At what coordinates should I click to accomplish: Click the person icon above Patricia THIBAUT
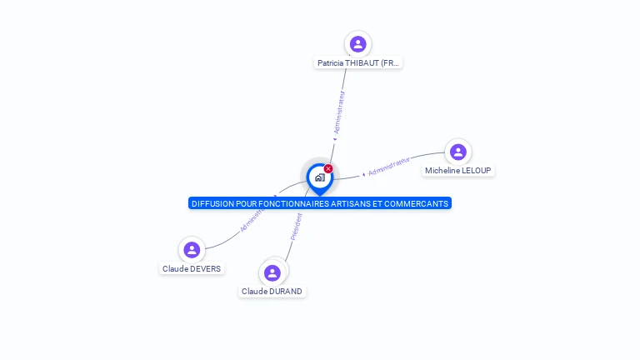coord(358,44)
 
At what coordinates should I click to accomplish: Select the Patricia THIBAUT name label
coord(358,62)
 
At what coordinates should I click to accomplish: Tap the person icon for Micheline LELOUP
coord(457,152)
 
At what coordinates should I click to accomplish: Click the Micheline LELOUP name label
coord(458,170)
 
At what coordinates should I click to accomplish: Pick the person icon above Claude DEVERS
coord(192,249)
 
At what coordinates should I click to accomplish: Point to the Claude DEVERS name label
coord(192,268)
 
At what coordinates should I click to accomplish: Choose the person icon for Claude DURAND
coord(272,272)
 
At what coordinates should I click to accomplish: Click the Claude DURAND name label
coord(272,292)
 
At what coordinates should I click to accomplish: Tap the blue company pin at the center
coord(319,177)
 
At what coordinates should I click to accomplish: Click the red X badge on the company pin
coord(328,169)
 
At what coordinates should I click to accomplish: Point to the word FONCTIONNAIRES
coord(293,203)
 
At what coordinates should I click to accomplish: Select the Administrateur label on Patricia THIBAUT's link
coord(338,112)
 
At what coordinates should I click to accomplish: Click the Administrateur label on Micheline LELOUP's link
coord(388,166)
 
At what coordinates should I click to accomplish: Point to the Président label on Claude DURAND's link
coord(296,226)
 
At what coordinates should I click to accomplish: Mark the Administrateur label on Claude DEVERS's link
coord(251,219)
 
